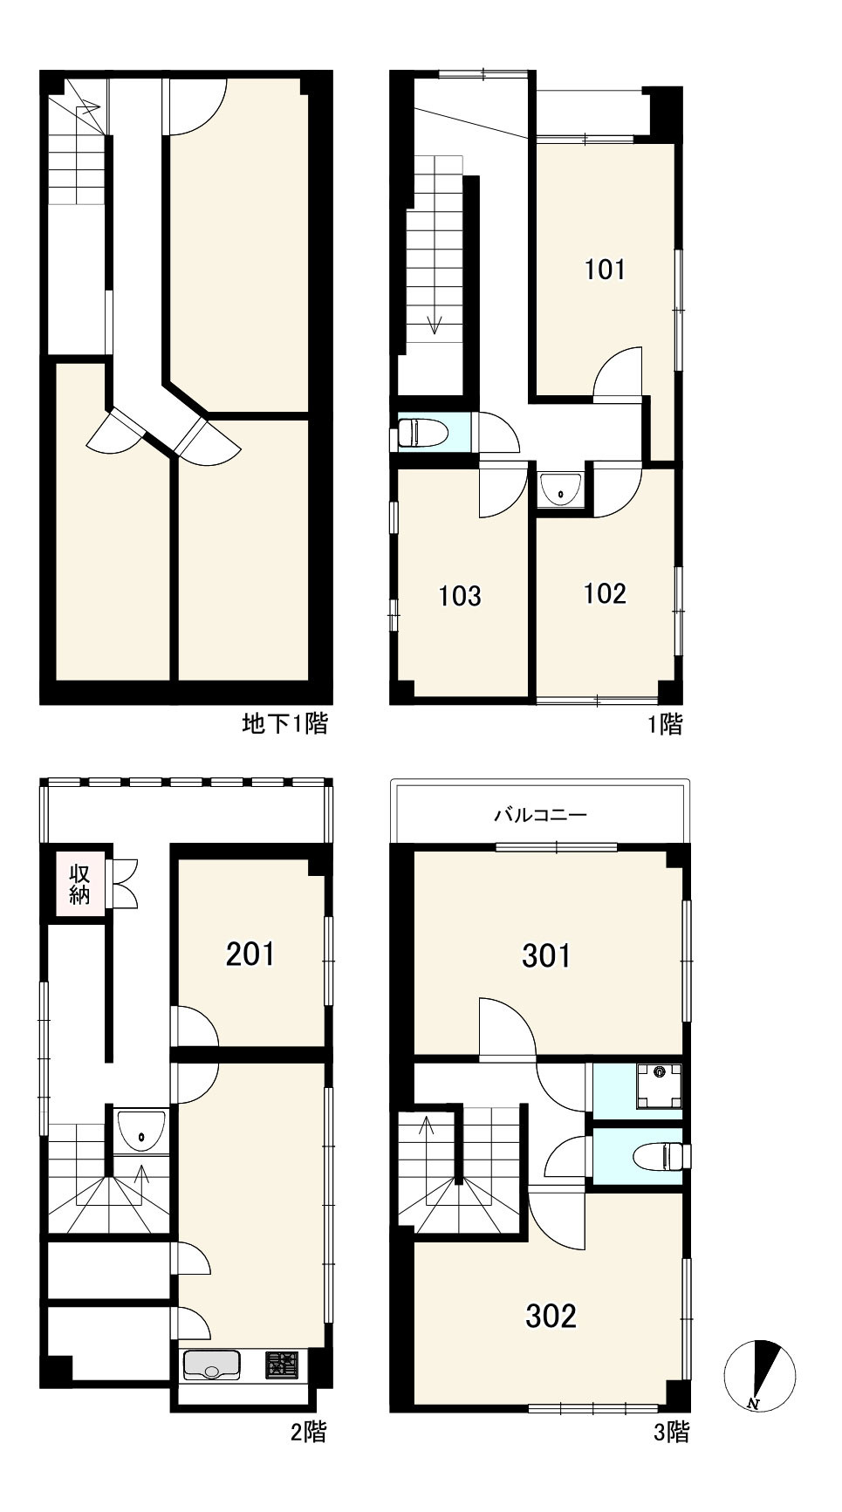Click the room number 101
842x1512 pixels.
point(605,269)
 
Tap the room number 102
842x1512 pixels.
point(605,593)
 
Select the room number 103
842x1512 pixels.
point(460,596)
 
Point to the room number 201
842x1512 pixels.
point(250,954)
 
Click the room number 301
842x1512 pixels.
point(547,955)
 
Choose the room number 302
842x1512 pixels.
point(551,1315)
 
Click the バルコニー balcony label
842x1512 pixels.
point(541,816)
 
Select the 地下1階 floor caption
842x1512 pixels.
point(284,723)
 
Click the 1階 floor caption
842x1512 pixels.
point(665,724)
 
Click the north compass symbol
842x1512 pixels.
point(759,1376)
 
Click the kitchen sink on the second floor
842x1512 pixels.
point(211,1365)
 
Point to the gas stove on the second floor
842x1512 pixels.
point(282,1365)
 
